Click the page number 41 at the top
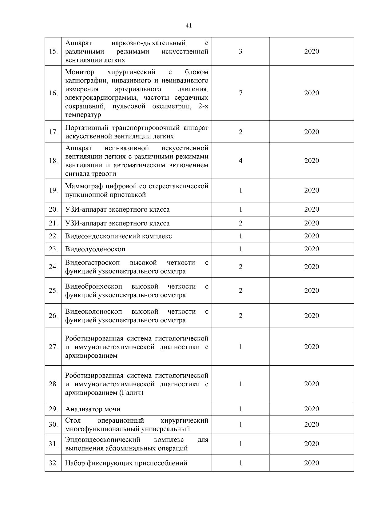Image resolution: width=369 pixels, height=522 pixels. tap(189, 26)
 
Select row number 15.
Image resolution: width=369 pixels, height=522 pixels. tap(53, 51)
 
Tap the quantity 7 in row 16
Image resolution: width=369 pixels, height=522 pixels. tap(240, 93)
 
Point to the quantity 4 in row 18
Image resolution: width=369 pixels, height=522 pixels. tap(240, 161)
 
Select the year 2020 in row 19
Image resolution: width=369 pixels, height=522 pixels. tap(311, 190)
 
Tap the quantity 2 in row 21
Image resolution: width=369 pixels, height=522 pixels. tap(240, 223)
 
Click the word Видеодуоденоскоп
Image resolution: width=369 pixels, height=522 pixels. tap(95, 249)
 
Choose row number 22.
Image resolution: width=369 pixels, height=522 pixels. tap(53, 236)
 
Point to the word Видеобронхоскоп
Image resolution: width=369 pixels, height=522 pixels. tap(93, 287)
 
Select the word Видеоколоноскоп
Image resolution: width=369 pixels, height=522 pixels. tap(93, 312)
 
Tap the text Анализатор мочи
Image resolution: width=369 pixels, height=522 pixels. tap(93, 409)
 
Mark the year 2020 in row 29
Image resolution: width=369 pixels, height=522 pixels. tap(311, 409)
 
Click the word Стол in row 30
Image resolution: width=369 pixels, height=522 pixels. tap(73, 420)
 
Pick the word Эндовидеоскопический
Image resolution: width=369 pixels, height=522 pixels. tap(103, 440)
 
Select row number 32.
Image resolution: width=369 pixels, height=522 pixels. tap(53, 463)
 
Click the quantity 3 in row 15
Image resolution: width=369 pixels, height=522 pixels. tap(240, 51)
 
